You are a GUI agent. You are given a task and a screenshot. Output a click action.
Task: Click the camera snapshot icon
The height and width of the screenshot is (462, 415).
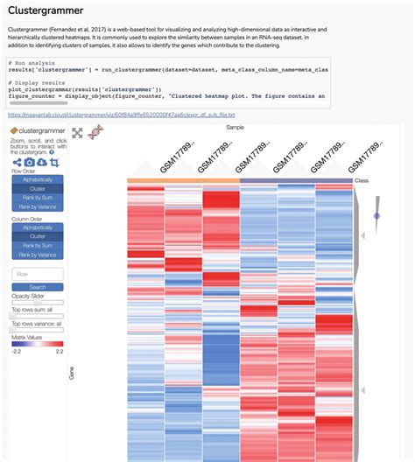29,162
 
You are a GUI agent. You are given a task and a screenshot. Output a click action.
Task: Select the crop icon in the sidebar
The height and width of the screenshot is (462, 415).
54,162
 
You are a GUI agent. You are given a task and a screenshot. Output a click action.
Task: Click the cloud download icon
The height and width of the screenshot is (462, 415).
41,162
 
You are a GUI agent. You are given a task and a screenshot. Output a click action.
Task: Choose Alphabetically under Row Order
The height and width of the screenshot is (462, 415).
38,179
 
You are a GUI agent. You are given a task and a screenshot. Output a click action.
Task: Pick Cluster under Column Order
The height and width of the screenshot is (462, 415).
38,237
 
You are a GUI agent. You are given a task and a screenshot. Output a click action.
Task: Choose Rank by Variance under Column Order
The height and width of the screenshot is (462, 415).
38,255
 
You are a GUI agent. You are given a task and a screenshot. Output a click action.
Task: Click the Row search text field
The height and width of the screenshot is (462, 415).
38,274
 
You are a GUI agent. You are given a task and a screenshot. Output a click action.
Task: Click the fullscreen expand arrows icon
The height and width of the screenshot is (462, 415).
77,133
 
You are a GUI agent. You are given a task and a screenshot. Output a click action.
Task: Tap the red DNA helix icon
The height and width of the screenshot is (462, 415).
95,132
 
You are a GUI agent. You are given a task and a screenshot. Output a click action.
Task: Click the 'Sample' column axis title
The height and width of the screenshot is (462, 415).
235,126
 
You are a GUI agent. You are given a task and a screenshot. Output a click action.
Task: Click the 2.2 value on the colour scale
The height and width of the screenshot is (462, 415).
59,352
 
